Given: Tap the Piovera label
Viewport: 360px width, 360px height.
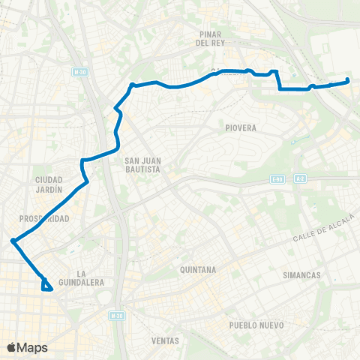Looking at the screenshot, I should coord(241,128).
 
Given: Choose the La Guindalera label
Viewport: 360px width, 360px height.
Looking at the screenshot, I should coord(84,277).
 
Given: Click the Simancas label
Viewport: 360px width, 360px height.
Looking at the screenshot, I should coord(301,275).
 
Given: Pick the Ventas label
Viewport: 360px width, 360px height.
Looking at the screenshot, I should coord(165,340).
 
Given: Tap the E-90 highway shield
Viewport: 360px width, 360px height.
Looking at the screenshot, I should coord(277,178).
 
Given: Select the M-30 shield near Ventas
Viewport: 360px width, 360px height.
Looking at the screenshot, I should coord(116,316).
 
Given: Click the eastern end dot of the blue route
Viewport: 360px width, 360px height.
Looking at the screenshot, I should coord(348,81).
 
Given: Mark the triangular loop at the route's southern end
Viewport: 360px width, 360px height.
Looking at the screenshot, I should coord(47,285).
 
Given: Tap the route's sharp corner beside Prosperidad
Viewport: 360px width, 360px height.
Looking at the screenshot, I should coord(13,241).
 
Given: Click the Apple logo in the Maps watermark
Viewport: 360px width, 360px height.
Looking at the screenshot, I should coord(11,347).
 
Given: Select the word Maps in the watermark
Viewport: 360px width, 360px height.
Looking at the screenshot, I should coord(32,347).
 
